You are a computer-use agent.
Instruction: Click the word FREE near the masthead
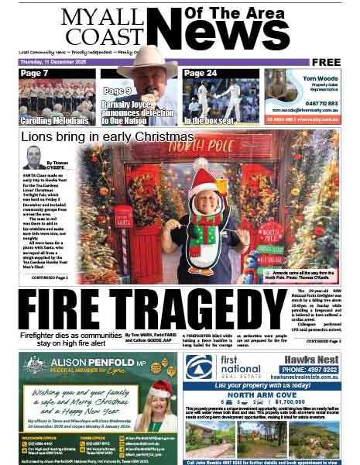(327, 62)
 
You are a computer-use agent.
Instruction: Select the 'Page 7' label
(35, 74)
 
